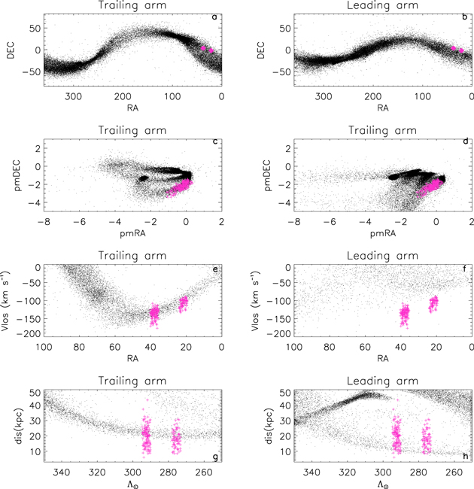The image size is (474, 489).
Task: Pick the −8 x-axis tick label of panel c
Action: tap(43, 222)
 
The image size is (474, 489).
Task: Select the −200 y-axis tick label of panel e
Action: tap(30, 334)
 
